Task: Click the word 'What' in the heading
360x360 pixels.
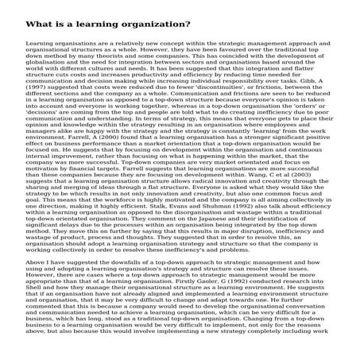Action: point(40,24)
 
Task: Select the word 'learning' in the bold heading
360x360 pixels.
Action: point(104,24)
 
